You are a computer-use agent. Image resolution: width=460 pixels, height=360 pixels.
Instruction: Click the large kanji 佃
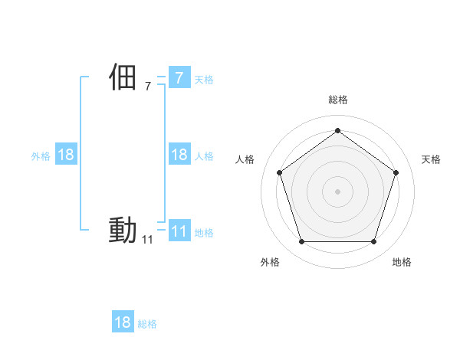tap(123, 77)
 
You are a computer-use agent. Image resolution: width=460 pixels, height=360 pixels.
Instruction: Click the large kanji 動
tap(123, 230)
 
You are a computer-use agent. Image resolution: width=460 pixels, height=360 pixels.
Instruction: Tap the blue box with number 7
tap(179, 77)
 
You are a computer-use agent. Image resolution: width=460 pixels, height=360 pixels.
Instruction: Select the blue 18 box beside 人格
tap(179, 155)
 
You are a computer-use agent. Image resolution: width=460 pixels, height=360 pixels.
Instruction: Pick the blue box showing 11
tap(179, 231)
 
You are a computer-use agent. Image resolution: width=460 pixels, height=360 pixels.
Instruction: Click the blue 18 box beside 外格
tap(66, 155)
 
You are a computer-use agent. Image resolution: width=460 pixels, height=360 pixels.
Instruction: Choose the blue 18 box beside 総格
tap(123, 322)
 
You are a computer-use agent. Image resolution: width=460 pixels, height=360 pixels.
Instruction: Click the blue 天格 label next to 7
tap(204, 79)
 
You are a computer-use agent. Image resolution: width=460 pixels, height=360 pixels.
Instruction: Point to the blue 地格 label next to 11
tap(204, 233)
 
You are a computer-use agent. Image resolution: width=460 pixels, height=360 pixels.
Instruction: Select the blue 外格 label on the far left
tap(41, 156)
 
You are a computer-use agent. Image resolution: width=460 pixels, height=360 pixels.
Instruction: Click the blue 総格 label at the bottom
tap(147, 324)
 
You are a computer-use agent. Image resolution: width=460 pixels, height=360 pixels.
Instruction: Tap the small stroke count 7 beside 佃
tap(147, 87)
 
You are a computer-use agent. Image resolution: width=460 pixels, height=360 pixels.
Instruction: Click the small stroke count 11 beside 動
tap(147, 240)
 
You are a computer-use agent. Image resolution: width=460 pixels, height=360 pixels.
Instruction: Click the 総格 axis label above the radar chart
tap(337, 100)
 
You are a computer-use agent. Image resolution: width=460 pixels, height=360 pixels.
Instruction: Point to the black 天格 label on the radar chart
tap(431, 159)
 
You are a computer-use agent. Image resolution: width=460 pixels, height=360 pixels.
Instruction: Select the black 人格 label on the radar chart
tap(245, 159)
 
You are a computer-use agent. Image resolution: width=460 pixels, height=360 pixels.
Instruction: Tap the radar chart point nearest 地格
tap(373, 241)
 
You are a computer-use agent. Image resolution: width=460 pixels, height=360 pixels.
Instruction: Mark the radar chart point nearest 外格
tap(301, 241)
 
